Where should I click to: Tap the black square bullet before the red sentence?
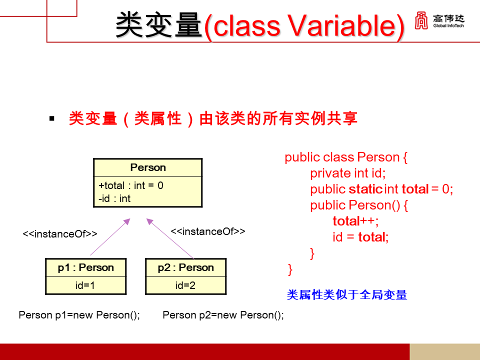point(51,118)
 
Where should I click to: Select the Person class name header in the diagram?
point(148,167)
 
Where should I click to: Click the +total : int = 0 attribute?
point(131,185)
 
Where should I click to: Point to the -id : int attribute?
point(114,198)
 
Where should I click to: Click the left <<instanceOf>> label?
point(60,234)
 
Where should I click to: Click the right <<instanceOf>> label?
point(208,231)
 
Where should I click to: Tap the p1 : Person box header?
point(85,267)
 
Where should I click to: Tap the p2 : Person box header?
point(185,267)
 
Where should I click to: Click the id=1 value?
point(85,285)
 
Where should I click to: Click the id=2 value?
point(185,285)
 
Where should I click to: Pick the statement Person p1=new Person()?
point(79,315)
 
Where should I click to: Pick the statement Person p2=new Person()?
point(223,315)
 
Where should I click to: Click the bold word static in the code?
point(365,189)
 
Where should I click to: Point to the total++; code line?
point(355,221)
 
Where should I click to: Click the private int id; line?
point(348,173)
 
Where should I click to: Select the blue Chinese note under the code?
point(347,294)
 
